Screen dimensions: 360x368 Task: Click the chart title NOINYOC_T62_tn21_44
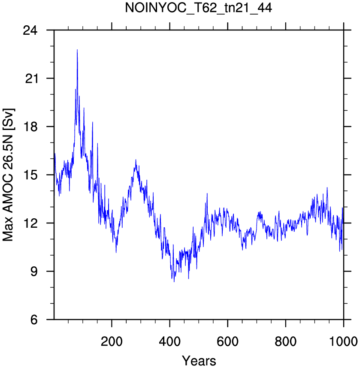198,8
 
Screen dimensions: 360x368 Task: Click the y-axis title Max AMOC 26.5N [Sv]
8,175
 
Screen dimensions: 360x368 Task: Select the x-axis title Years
199,360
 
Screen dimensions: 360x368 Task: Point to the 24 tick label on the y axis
30,30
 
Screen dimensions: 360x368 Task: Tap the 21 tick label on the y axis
31,78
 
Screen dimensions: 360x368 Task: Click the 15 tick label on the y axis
30,175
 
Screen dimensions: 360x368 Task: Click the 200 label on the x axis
112,342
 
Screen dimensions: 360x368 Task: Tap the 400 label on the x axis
169,342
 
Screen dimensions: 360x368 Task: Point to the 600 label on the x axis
227,342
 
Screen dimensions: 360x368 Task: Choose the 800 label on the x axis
286,342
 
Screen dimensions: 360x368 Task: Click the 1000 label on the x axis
344,342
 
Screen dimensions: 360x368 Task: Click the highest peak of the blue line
77,50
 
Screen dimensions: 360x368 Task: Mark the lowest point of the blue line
174,282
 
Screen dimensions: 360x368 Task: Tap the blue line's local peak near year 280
136,160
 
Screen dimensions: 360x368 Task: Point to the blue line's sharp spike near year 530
207,193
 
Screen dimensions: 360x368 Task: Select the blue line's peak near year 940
327,187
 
